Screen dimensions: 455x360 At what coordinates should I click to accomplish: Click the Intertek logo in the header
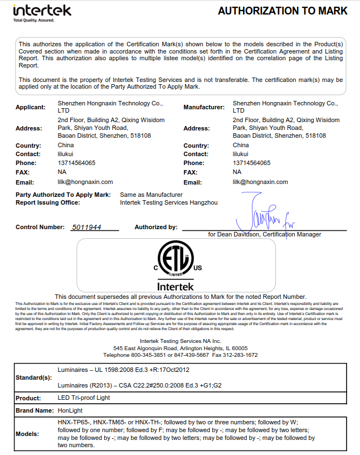(x=41, y=12)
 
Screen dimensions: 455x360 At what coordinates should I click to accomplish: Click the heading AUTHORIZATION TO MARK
(x=283, y=11)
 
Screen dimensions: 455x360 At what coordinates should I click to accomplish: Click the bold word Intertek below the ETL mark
(x=176, y=285)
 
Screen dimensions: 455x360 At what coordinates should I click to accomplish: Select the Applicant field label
(x=31, y=107)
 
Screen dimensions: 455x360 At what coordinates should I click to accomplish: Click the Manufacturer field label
(x=204, y=107)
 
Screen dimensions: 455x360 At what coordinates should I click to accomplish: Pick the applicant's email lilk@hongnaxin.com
(x=85, y=182)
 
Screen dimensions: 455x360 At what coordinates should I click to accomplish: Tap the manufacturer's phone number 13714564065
(x=251, y=163)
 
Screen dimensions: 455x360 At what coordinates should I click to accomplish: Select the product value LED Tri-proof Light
(x=84, y=398)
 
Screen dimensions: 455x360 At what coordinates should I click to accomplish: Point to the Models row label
(x=28, y=434)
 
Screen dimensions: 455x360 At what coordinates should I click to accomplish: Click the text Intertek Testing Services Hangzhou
(x=169, y=203)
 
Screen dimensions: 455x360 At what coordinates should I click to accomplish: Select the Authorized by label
(x=156, y=227)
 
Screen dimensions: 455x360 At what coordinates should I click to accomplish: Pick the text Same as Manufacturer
(x=152, y=195)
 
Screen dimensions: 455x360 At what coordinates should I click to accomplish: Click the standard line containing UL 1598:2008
(x=124, y=370)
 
